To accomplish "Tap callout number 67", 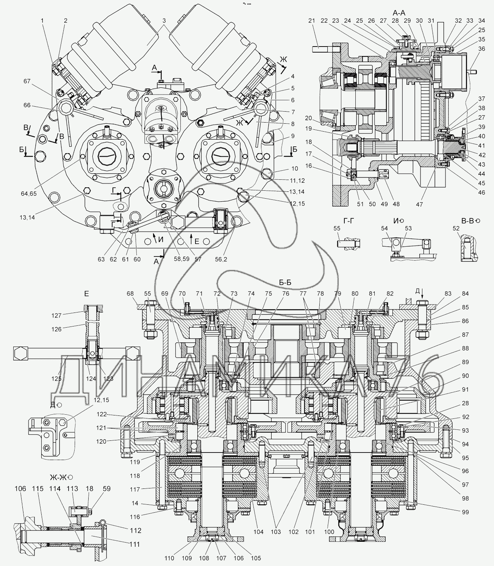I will pyautogui.click(x=27, y=81).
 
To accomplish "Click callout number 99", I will pyautogui.click(x=465, y=512).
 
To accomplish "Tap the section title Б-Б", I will pyautogui.click(x=284, y=281).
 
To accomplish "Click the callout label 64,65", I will pyautogui.click(x=29, y=193).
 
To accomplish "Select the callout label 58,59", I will pyautogui.click(x=172, y=259).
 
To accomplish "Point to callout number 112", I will pyautogui.click(x=135, y=530).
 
